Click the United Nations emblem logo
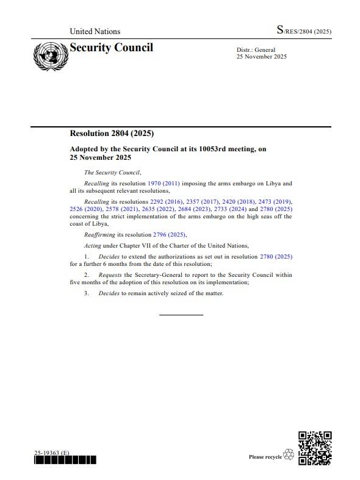50,56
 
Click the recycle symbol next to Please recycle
289,455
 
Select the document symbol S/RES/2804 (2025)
303,30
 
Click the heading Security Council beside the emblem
112,48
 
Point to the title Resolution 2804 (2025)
111,134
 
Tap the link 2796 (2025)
168,234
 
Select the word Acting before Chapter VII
93,245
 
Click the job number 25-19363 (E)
52,453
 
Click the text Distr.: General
256,49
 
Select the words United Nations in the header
95,31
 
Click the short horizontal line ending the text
181,315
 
